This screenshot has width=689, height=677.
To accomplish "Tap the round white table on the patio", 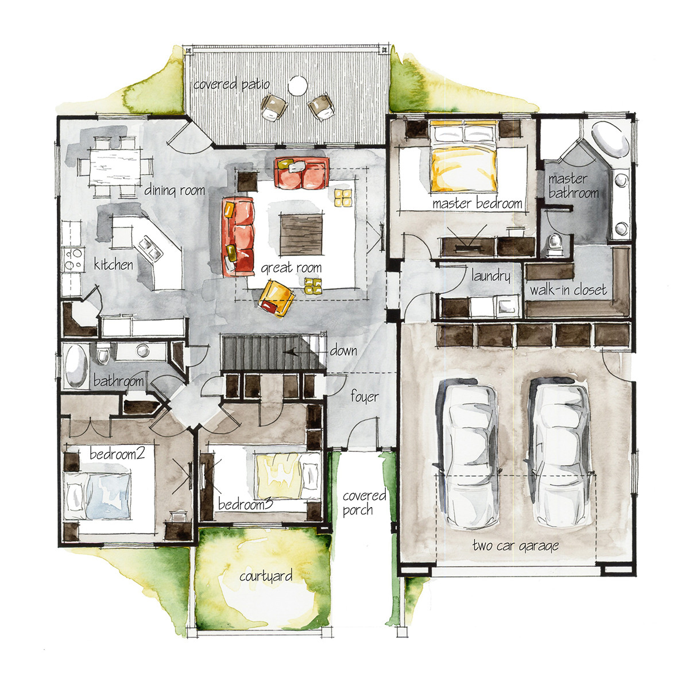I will click(x=297, y=86).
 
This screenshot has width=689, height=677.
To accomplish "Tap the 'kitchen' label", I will click(x=114, y=265).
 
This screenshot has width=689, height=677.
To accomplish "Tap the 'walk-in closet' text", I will click(x=567, y=290).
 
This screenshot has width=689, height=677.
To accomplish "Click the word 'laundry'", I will click(x=490, y=276).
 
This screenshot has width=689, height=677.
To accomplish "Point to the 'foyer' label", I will click(x=365, y=397).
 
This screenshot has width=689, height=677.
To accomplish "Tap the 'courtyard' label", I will click(x=266, y=575).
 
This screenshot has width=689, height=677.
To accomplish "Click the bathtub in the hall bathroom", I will click(x=76, y=366).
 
